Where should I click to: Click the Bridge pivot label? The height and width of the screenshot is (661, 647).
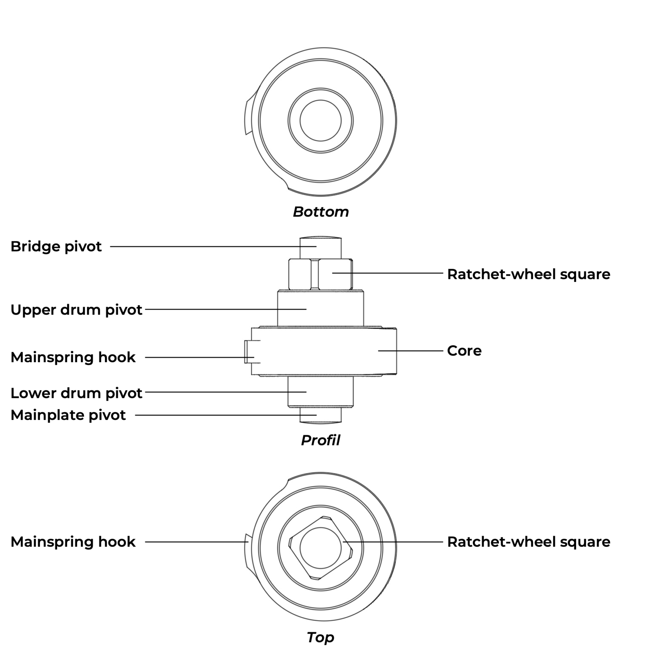tap(56, 246)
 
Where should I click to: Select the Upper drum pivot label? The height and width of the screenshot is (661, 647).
tap(76, 309)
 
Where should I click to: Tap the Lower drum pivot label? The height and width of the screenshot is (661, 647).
tap(76, 393)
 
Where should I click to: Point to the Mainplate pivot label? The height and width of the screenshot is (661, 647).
tap(68, 415)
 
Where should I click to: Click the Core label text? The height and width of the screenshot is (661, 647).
tap(464, 350)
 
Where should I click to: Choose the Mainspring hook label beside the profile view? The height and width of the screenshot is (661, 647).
tap(73, 357)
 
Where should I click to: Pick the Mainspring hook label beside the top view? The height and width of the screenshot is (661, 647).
tap(73, 542)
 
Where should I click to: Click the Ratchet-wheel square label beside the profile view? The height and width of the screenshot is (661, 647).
tap(528, 274)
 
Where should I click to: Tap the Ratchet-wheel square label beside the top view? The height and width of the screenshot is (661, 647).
tap(528, 542)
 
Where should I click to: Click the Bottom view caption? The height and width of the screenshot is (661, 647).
tap(321, 212)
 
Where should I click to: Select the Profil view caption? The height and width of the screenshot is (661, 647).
tap(320, 440)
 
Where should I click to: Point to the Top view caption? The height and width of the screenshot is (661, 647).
tap(320, 637)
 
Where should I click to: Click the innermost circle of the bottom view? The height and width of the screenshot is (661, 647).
tap(320, 120)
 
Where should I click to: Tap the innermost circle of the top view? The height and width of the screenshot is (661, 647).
tap(320, 548)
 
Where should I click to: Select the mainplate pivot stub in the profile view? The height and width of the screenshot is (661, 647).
tap(327, 415)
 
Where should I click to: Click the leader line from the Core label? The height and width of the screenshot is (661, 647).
tap(410, 350)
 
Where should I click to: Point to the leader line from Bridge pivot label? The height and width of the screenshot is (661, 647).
tap(207, 246)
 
